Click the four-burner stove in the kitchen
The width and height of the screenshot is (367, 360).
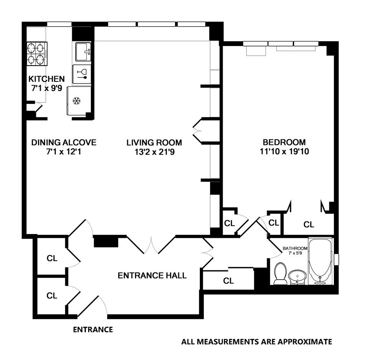tap(35, 54)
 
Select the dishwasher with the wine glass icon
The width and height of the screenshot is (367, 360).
tap(82, 74)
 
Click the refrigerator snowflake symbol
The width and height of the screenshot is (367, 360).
tap(76, 101)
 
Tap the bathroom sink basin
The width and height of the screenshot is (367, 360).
tap(298, 277)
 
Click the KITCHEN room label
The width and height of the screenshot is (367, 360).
tap(46, 79)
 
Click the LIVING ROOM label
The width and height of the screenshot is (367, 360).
tap(154, 143)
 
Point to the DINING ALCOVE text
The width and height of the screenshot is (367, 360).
tap(64, 143)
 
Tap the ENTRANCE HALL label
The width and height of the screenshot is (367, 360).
tap(152, 276)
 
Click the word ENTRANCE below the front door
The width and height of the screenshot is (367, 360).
tap(93, 329)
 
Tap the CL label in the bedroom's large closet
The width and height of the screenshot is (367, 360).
tap(309, 224)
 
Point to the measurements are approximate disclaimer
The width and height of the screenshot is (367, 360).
tap(256, 342)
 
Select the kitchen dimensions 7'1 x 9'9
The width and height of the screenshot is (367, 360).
tap(46, 88)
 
